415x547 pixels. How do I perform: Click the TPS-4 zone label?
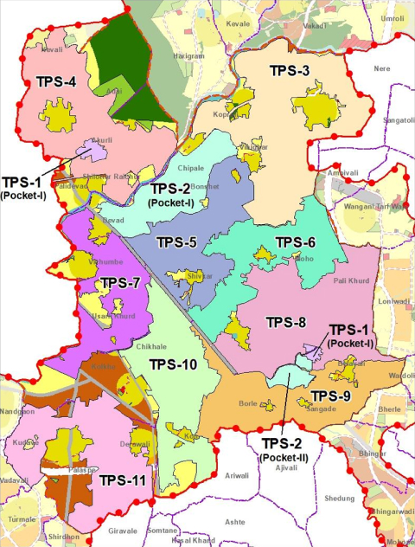[57, 82]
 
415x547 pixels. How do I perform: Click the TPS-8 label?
[285, 323]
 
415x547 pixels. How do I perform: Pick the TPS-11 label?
[121, 480]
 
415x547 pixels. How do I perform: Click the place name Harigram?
[164, 57]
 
